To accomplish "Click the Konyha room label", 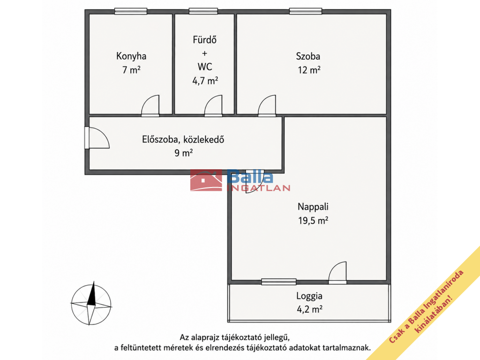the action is click(131, 56).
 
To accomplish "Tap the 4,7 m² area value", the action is click(205, 81).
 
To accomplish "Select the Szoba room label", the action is click(308, 56).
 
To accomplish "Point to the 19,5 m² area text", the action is click(313, 220).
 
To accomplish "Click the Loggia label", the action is click(309, 296).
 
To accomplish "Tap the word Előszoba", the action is click(161, 140).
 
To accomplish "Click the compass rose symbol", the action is click(91, 304).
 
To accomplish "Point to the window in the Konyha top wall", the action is click(131, 11).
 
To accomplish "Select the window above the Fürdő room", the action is click(203, 11).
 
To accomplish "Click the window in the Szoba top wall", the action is click(306, 11).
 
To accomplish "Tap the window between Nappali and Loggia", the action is click(278, 282).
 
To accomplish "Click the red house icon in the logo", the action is click(206, 180).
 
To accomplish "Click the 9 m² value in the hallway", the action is click(184, 152).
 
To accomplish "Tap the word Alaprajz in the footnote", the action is click(204, 337).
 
